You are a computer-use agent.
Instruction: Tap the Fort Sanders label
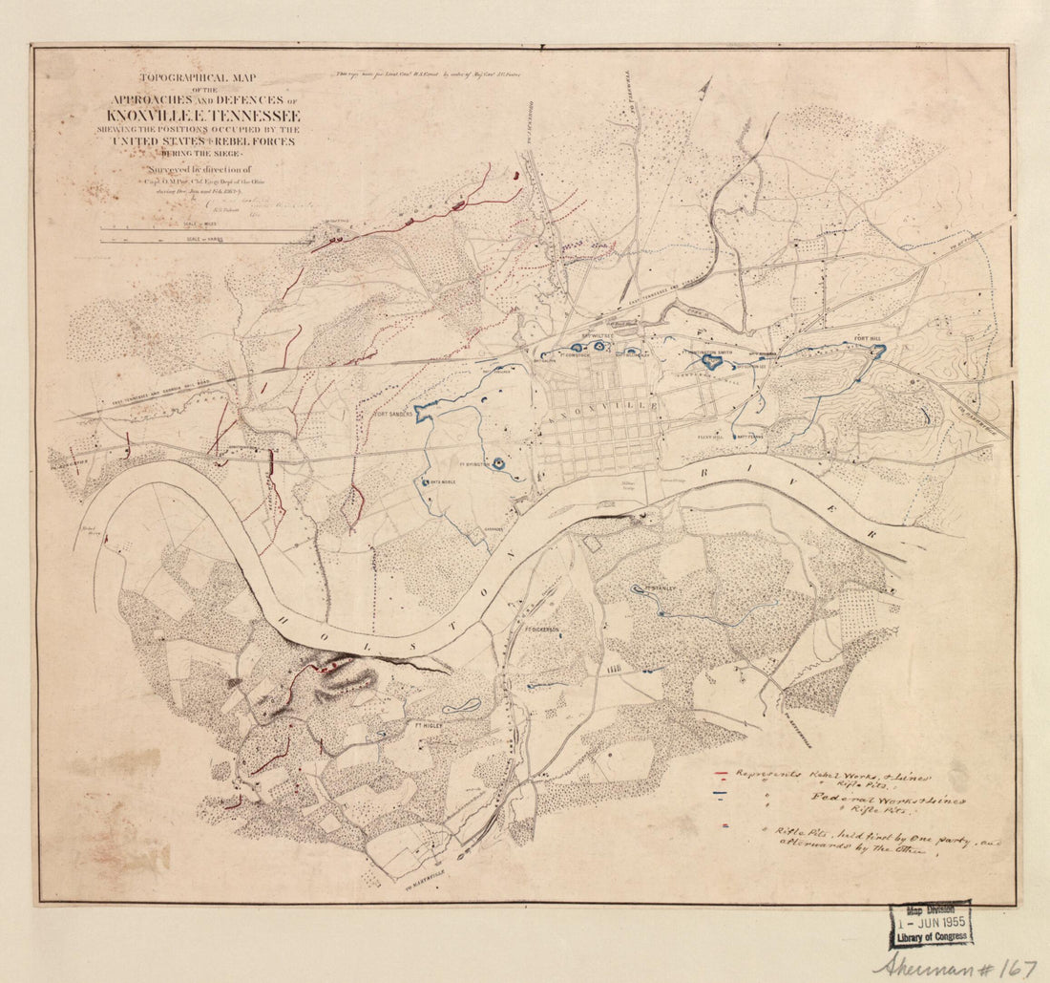[392, 415]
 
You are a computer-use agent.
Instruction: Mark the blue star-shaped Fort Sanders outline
[425, 409]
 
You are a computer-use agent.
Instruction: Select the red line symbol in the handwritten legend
[723, 774]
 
